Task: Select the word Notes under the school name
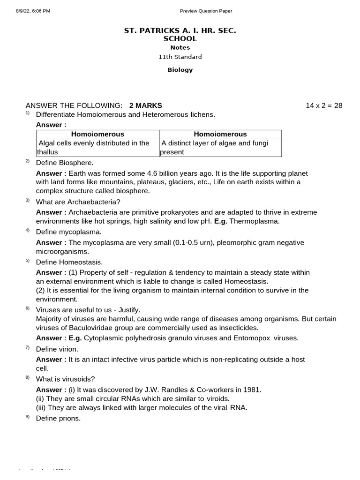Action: pyautogui.click(x=180, y=47)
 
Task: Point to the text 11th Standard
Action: pyautogui.click(x=180, y=57)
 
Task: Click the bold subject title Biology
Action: pyautogui.click(x=180, y=70)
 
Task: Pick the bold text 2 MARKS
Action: pyautogui.click(x=145, y=105)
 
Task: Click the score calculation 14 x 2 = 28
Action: pyautogui.click(x=324, y=105)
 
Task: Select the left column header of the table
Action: pyautogui.click(x=97, y=134)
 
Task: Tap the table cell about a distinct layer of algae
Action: pyautogui.click(x=220, y=148)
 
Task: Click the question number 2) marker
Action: pyautogui.click(x=28, y=161)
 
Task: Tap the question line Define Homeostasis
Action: pyautogui.click(x=69, y=262)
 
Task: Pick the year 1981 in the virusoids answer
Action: pyautogui.click(x=252, y=390)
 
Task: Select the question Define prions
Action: pyautogui.click(x=59, y=418)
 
